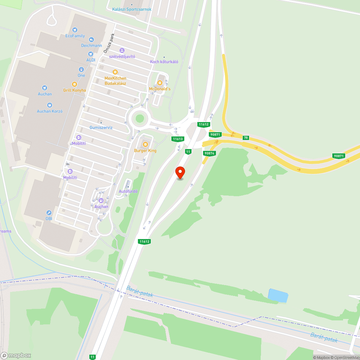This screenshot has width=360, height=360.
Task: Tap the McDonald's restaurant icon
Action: click(x=160, y=83)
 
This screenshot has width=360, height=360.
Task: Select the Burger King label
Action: click(x=145, y=150)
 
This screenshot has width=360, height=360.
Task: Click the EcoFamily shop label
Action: click(x=75, y=36)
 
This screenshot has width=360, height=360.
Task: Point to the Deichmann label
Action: click(x=91, y=46)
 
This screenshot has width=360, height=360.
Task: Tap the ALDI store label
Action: click(x=91, y=60)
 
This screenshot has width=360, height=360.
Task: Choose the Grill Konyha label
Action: click(x=75, y=90)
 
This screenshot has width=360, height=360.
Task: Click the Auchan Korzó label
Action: click(x=50, y=111)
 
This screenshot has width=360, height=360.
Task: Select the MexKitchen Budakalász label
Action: click(x=115, y=81)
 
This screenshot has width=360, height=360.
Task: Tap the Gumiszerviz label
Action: click(x=101, y=127)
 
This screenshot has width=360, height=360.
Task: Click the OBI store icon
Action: click(x=49, y=213)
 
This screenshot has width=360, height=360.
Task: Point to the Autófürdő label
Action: click(x=128, y=191)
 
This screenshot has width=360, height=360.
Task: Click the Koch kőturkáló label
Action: click(x=164, y=62)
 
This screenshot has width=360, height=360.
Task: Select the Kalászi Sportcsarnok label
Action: click(x=132, y=9)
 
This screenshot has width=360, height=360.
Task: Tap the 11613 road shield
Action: click(x=178, y=139)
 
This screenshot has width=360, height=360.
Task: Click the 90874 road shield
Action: click(x=209, y=153)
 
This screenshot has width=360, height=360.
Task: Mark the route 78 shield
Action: click(x=246, y=138)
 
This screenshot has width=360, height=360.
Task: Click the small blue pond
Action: click(x=278, y=296)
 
